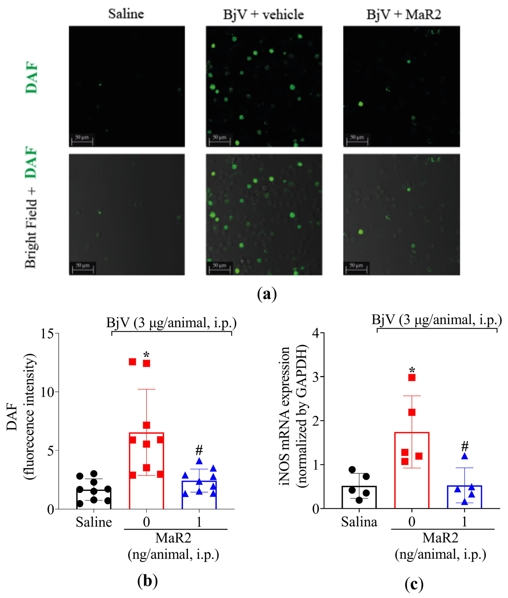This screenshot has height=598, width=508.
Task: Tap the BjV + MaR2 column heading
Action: tap(404, 14)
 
